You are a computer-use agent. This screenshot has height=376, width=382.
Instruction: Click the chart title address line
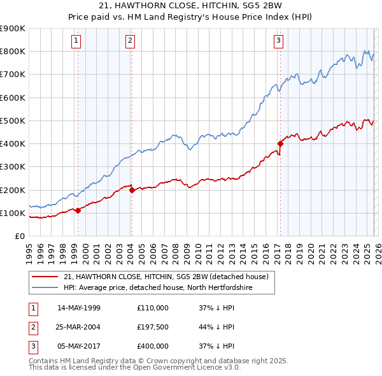pos(191,6)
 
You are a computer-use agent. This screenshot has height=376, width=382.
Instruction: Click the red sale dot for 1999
pos(78,210)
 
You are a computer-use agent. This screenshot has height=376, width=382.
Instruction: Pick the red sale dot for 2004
pos(132,190)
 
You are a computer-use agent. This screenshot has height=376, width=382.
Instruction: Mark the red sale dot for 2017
pos(280,143)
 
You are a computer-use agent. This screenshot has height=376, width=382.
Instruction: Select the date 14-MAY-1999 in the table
pos(79,307)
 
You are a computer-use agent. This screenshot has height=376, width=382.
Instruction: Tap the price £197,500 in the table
pos(152,327)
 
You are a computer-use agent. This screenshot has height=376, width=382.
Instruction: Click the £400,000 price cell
pos(152,347)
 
